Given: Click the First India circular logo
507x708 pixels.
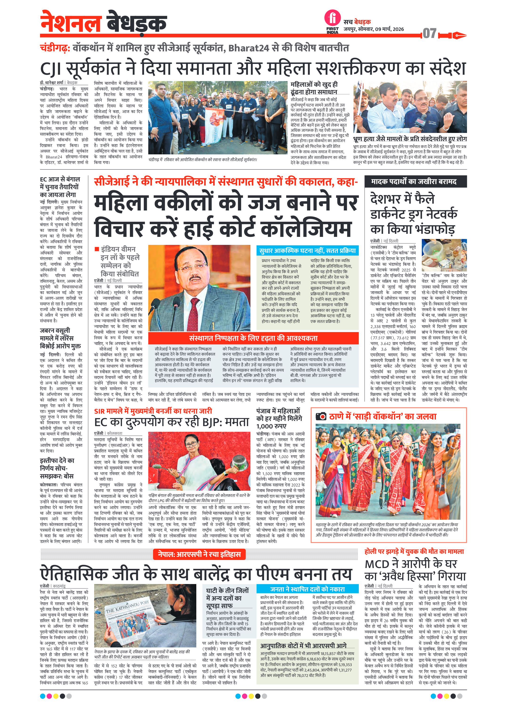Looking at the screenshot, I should (x=332, y=18).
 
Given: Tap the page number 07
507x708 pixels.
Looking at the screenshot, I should (x=429, y=33).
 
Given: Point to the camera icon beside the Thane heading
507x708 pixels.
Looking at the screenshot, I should (x=321, y=416).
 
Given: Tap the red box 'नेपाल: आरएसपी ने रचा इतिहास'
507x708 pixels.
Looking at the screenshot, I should (x=199, y=554).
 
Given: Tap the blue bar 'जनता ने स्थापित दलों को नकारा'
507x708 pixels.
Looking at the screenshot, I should (x=307, y=589).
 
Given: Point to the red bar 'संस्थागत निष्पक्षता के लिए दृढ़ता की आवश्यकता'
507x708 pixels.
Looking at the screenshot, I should (x=253, y=338).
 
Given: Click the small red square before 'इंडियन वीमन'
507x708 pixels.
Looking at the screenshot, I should (x=97, y=249).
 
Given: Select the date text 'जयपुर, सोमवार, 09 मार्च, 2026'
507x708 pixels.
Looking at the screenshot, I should (x=374, y=29).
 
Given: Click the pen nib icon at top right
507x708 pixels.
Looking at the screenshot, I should (x=458, y=35).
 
